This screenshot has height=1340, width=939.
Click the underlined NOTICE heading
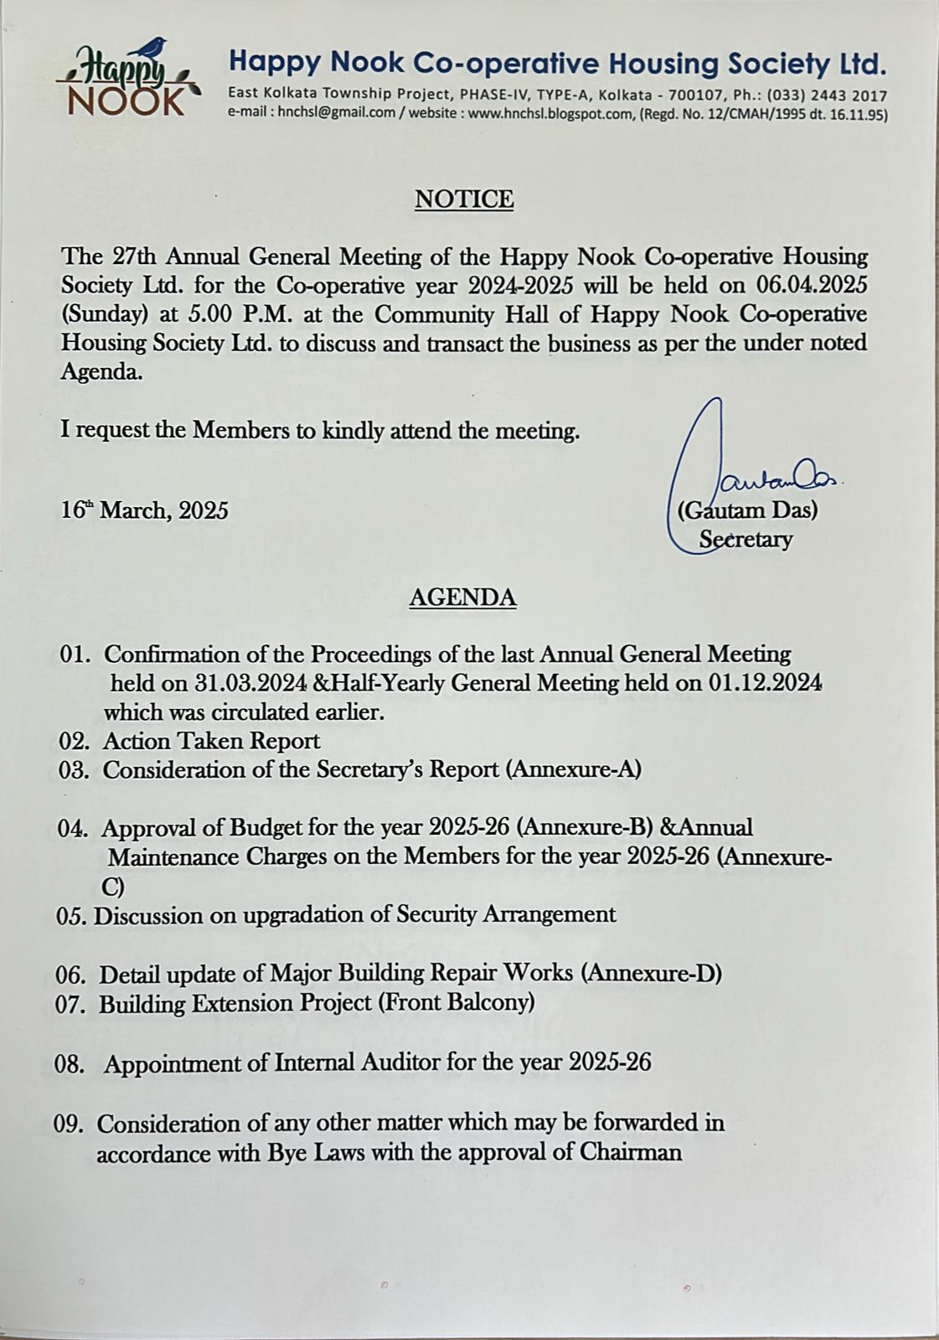pyautogui.click(x=464, y=199)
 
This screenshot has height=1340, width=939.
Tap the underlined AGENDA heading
pyautogui.click(x=462, y=598)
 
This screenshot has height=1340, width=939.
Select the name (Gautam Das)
pyautogui.click(x=747, y=510)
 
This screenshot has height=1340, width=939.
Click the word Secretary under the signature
pyautogui.click(x=746, y=539)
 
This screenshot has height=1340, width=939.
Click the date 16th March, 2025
pyautogui.click(x=144, y=510)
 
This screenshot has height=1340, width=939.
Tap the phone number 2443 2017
pyautogui.click(x=853, y=96)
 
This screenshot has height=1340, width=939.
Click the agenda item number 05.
pyautogui.click(x=70, y=915)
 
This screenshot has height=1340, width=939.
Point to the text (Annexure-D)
pyautogui.click(x=651, y=973)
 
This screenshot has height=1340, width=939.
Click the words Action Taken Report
pyautogui.click(x=211, y=741)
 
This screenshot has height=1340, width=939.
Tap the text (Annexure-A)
pyautogui.click(x=573, y=769)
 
